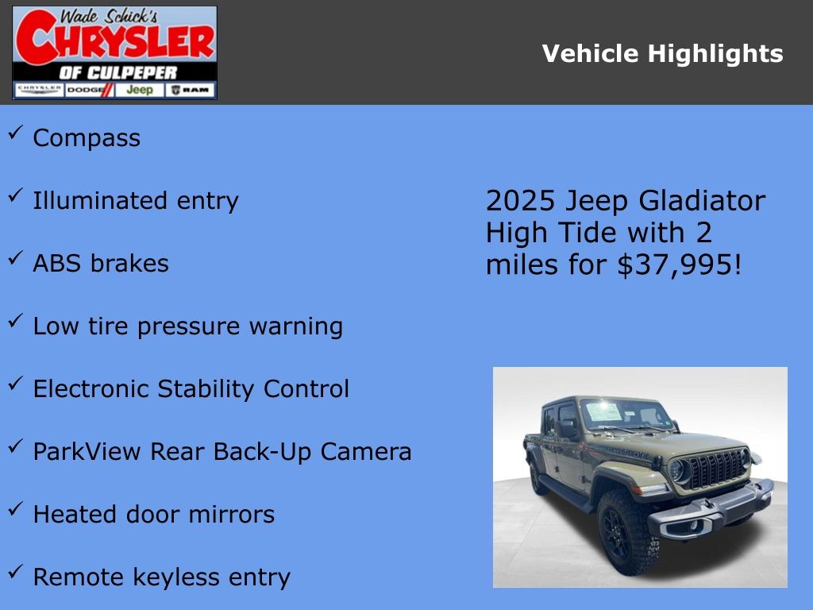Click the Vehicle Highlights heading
point(662,54)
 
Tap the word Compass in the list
point(87,138)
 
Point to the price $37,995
point(678,264)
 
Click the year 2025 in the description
point(519,201)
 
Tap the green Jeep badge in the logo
point(139,90)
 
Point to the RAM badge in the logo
point(191,90)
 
